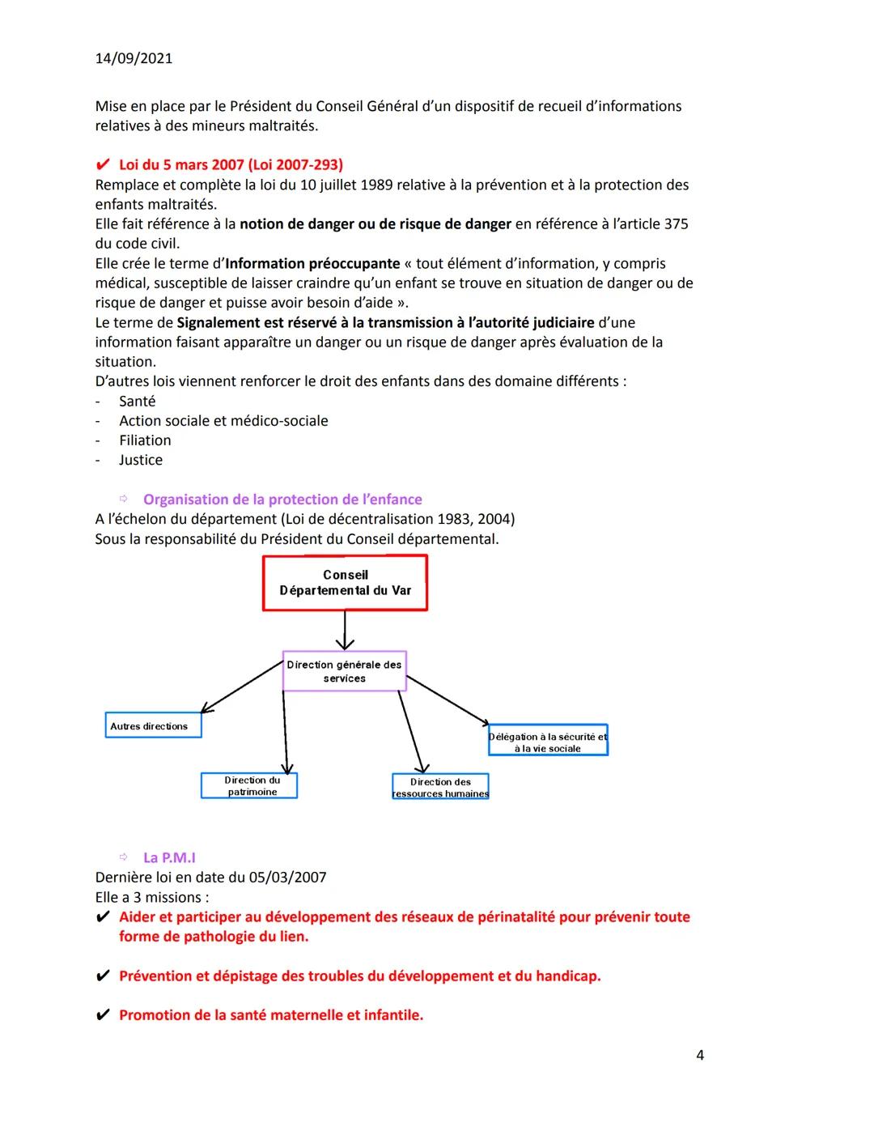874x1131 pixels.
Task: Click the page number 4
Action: click(699, 1055)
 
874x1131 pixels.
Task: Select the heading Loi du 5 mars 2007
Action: click(231, 165)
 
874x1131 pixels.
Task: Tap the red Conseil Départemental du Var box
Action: click(345, 583)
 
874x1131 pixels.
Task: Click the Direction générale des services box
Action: click(344, 671)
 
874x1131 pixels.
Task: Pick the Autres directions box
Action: click(153, 726)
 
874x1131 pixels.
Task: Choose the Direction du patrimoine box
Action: click(249, 786)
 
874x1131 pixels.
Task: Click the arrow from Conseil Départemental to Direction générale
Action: click(345, 630)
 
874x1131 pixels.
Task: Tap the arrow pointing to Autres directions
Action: click(241, 687)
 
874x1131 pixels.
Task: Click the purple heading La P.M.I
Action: click(169, 857)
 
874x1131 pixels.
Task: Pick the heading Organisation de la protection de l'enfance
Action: click(282, 500)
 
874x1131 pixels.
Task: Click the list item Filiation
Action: click(145, 440)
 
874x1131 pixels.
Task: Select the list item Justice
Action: click(141, 460)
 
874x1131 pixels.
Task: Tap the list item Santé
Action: click(137, 401)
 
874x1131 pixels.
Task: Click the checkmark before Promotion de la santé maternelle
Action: click(103, 1015)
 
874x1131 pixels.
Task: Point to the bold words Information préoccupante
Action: click(312, 263)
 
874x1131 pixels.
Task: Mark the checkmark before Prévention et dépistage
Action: click(103, 976)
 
